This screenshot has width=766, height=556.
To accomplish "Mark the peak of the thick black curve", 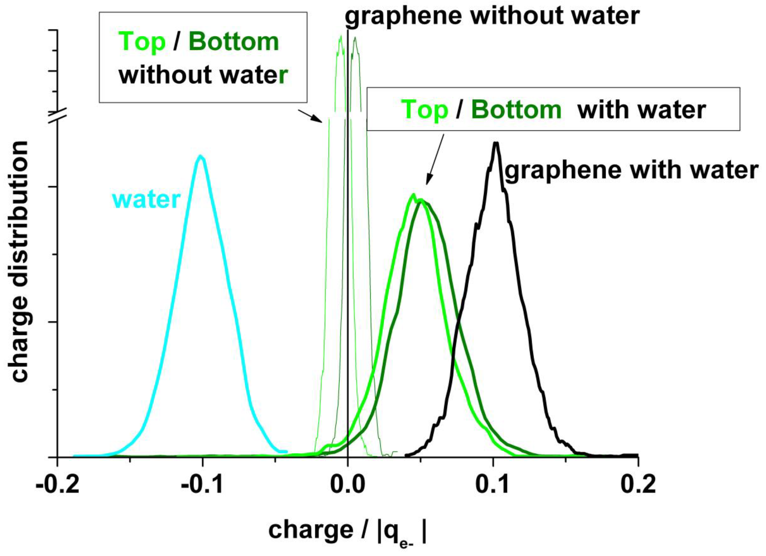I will (x=496, y=143).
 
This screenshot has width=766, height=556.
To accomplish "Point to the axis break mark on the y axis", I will (x=58, y=116).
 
